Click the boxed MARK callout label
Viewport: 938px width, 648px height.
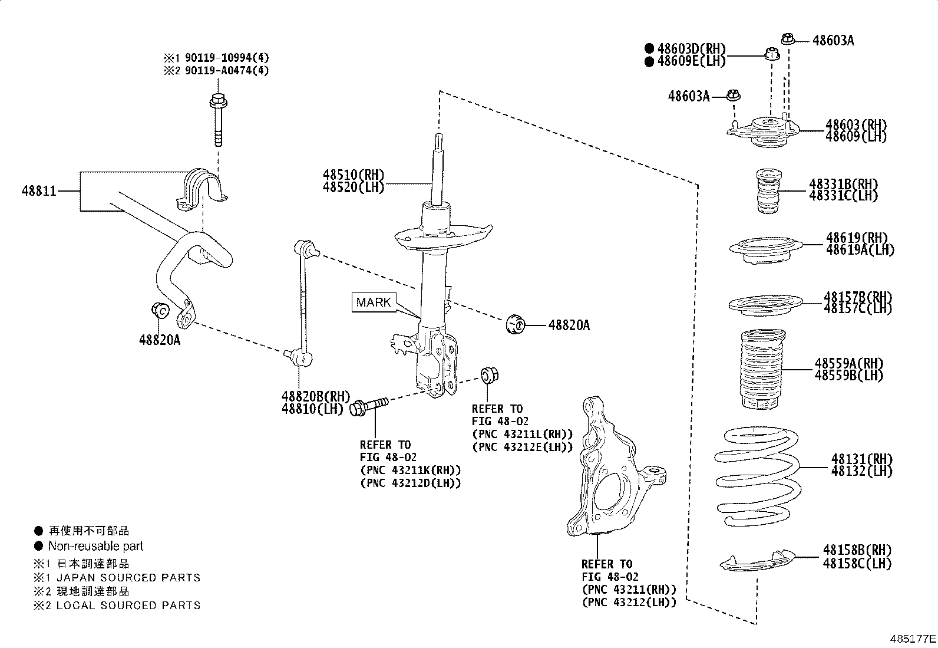point(374,302)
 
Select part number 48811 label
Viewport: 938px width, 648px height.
point(39,191)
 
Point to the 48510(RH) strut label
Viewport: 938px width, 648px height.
point(353,175)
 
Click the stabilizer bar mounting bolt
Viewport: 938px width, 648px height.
point(218,121)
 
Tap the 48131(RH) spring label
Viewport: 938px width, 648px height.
point(861,459)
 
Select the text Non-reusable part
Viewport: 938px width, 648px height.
point(95,546)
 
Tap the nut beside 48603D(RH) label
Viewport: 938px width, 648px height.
point(771,55)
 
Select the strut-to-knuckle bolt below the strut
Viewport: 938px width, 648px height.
point(368,406)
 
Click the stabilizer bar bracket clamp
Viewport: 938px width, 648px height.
point(202,188)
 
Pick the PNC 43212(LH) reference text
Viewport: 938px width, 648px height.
point(629,602)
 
